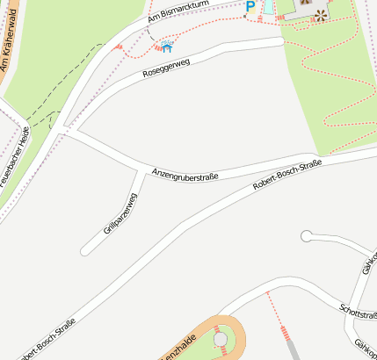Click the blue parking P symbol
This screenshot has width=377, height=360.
tap(250, 7)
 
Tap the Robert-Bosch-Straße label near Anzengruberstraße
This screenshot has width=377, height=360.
tap(287, 175)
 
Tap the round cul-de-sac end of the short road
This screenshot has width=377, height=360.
tap(306, 235)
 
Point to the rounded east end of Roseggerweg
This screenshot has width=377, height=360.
tap(279, 41)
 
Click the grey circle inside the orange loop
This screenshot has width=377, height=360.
tap(220, 339)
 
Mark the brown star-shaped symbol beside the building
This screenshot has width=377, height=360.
tap(320, 15)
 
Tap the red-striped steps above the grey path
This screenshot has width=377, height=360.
tap(284, 333)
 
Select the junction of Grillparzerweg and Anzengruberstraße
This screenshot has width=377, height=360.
tap(141, 169)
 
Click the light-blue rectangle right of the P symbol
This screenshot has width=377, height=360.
tap(268, 6)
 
